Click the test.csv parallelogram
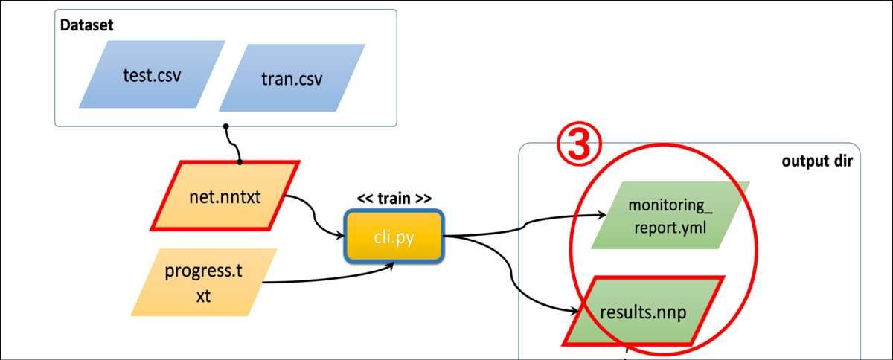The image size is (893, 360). [x=152, y=74]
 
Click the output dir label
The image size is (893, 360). [x=817, y=161]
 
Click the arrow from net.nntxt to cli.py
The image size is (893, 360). [x=316, y=215]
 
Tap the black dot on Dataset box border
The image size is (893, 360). [x=225, y=126]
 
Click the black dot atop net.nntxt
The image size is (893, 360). [x=240, y=161]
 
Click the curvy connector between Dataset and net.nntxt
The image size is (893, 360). [x=231, y=144]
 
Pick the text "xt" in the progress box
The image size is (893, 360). [x=203, y=296]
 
